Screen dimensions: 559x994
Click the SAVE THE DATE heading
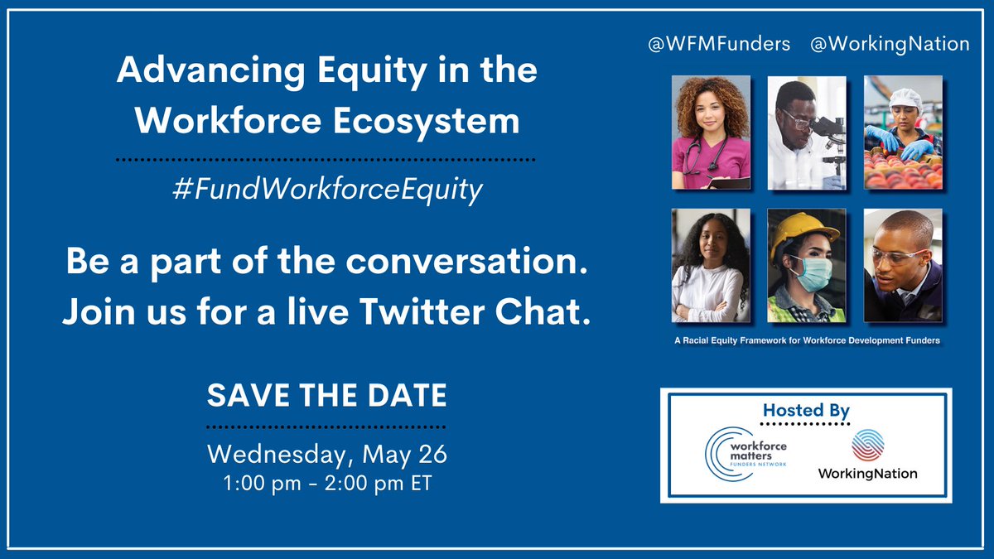pyautogui.click(x=326, y=395)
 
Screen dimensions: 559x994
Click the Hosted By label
pyautogui.click(x=806, y=410)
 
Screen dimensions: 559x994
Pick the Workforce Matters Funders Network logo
pyautogui.click(x=745, y=452)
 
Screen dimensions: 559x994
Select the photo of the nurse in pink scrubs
pyautogui.click(x=711, y=133)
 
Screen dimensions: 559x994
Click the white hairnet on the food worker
pyautogui.click(x=899, y=98)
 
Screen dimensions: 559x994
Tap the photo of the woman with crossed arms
pyautogui.click(x=711, y=265)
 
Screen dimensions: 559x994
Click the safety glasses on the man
pyautogui.click(x=894, y=256)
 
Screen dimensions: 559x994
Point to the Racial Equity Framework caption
pyautogui.click(x=806, y=341)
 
